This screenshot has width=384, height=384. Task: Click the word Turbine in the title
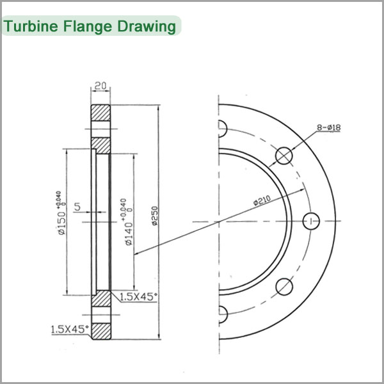pos(31,26)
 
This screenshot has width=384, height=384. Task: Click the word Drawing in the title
pos(147,27)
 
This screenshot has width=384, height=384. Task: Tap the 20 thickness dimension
pos(100,86)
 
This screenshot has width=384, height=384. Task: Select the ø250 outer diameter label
pos(155,216)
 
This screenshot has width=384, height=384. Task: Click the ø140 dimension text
pos(129,234)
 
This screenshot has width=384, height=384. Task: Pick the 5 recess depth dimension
pos(77,207)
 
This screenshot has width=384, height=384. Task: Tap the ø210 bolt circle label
pos(262,200)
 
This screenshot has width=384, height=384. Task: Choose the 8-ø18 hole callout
pos(329,127)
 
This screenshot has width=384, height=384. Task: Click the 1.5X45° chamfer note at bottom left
pos(70,329)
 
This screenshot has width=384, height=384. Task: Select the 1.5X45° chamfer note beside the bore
pos(138,296)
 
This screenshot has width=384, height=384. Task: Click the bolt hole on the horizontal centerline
pos(311,221)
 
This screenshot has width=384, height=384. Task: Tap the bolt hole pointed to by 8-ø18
pos(284,156)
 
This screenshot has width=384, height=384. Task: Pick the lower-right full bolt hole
pos(284,287)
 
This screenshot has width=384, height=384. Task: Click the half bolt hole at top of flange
pos(223,129)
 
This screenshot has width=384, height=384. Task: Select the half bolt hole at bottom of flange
pos(223,314)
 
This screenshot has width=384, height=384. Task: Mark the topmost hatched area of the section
pos(100,113)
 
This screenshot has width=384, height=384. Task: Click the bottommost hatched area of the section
pos(101,332)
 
